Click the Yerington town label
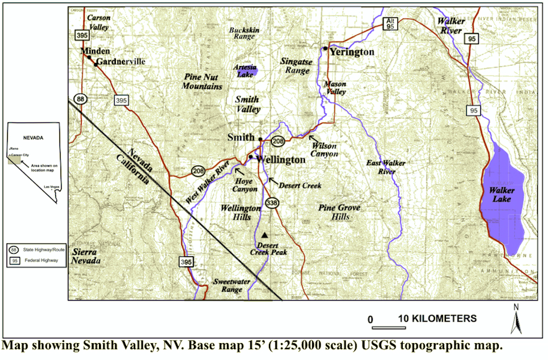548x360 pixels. [x=352, y=52]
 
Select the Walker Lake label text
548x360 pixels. [x=502, y=194]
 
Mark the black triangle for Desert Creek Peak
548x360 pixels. [x=264, y=235]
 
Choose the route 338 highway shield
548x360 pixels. [x=272, y=202]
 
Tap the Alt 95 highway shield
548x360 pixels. [x=390, y=24]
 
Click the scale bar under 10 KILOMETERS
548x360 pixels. [x=388, y=327]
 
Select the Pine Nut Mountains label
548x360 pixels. [x=202, y=82]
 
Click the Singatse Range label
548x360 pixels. [x=295, y=65]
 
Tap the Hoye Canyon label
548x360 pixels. [x=245, y=185]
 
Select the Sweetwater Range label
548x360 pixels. [x=228, y=285]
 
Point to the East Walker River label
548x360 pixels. [x=386, y=167]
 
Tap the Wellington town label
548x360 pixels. [x=281, y=160]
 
